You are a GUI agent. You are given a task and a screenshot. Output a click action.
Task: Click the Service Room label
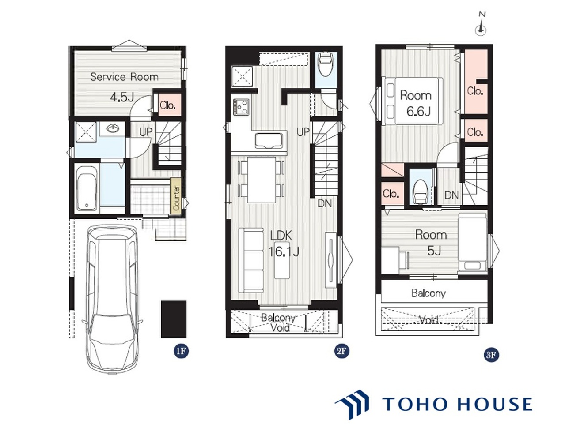[x=124, y=77]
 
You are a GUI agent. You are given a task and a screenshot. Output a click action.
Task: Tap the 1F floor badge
[x=181, y=351]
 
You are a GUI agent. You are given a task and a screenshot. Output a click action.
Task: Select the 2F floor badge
[x=341, y=351]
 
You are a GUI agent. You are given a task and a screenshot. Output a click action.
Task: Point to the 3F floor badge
[x=491, y=355]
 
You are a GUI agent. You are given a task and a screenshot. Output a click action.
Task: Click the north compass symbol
[x=481, y=27]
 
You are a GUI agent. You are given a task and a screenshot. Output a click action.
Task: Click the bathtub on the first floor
[x=87, y=188]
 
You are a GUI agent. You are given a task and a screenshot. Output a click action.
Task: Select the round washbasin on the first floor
[x=113, y=128]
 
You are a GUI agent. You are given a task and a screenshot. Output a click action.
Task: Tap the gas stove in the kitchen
[x=241, y=107]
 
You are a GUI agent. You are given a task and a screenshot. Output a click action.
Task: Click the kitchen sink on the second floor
[x=269, y=141]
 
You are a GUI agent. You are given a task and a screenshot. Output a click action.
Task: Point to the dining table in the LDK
[x=262, y=180]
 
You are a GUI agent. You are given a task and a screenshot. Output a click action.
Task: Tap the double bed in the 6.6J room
[x=412, y=101]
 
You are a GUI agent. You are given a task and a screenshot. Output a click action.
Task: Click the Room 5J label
[x=431, y=243]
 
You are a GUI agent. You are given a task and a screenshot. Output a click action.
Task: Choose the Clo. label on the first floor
[x=167, y=105]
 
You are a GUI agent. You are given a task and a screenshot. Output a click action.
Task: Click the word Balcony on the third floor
[x=428, y=293]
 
